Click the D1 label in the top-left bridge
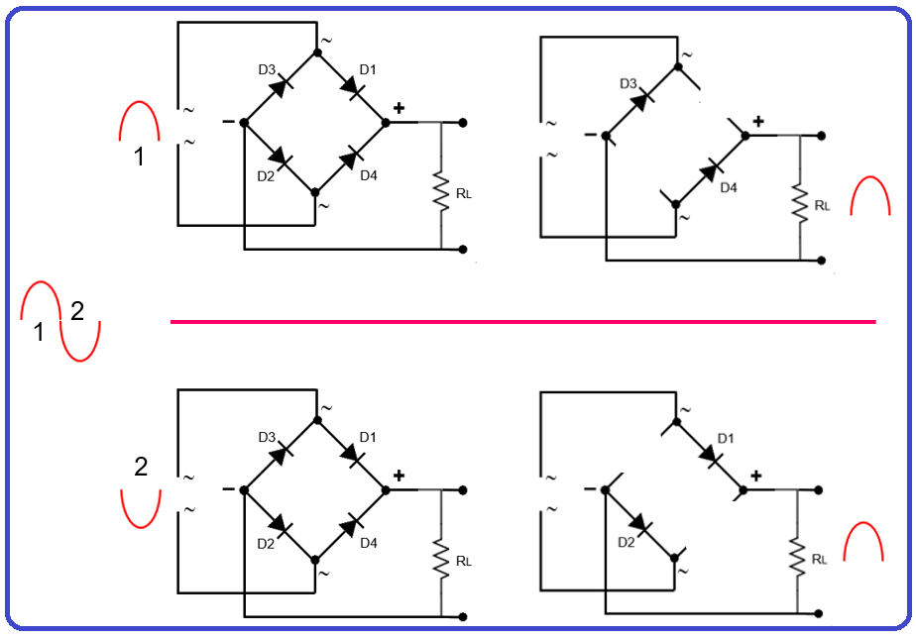[368, 69]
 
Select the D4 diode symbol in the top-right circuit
[710, 171]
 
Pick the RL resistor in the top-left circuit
[441, 193]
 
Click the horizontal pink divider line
[523, 321]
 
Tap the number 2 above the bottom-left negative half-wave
[141, 467]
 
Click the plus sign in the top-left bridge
[399, 109]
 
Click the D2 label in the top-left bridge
[265, 176]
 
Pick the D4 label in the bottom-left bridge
[368, 543]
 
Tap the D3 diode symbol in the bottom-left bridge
[281, 453]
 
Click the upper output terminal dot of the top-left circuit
[463, 123]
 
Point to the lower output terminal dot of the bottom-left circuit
[463, 616]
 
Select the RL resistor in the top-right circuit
[800, 204]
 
